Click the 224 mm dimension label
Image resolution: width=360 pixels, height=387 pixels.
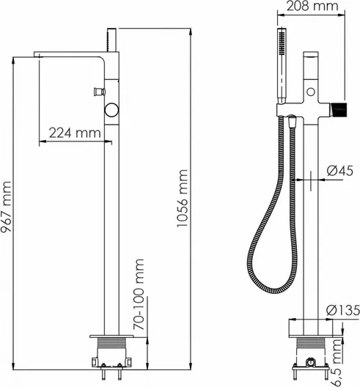75,133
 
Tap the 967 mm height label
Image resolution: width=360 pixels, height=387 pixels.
6,207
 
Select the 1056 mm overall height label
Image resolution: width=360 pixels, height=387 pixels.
183,198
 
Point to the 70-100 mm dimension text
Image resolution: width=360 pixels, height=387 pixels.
139,294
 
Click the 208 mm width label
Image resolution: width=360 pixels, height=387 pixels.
312,6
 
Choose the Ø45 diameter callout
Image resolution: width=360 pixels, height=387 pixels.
339,171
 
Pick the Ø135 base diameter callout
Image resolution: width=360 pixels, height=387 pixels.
343,310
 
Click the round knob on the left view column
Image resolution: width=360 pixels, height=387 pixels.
112,110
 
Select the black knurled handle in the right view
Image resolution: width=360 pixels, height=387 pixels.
339,109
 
